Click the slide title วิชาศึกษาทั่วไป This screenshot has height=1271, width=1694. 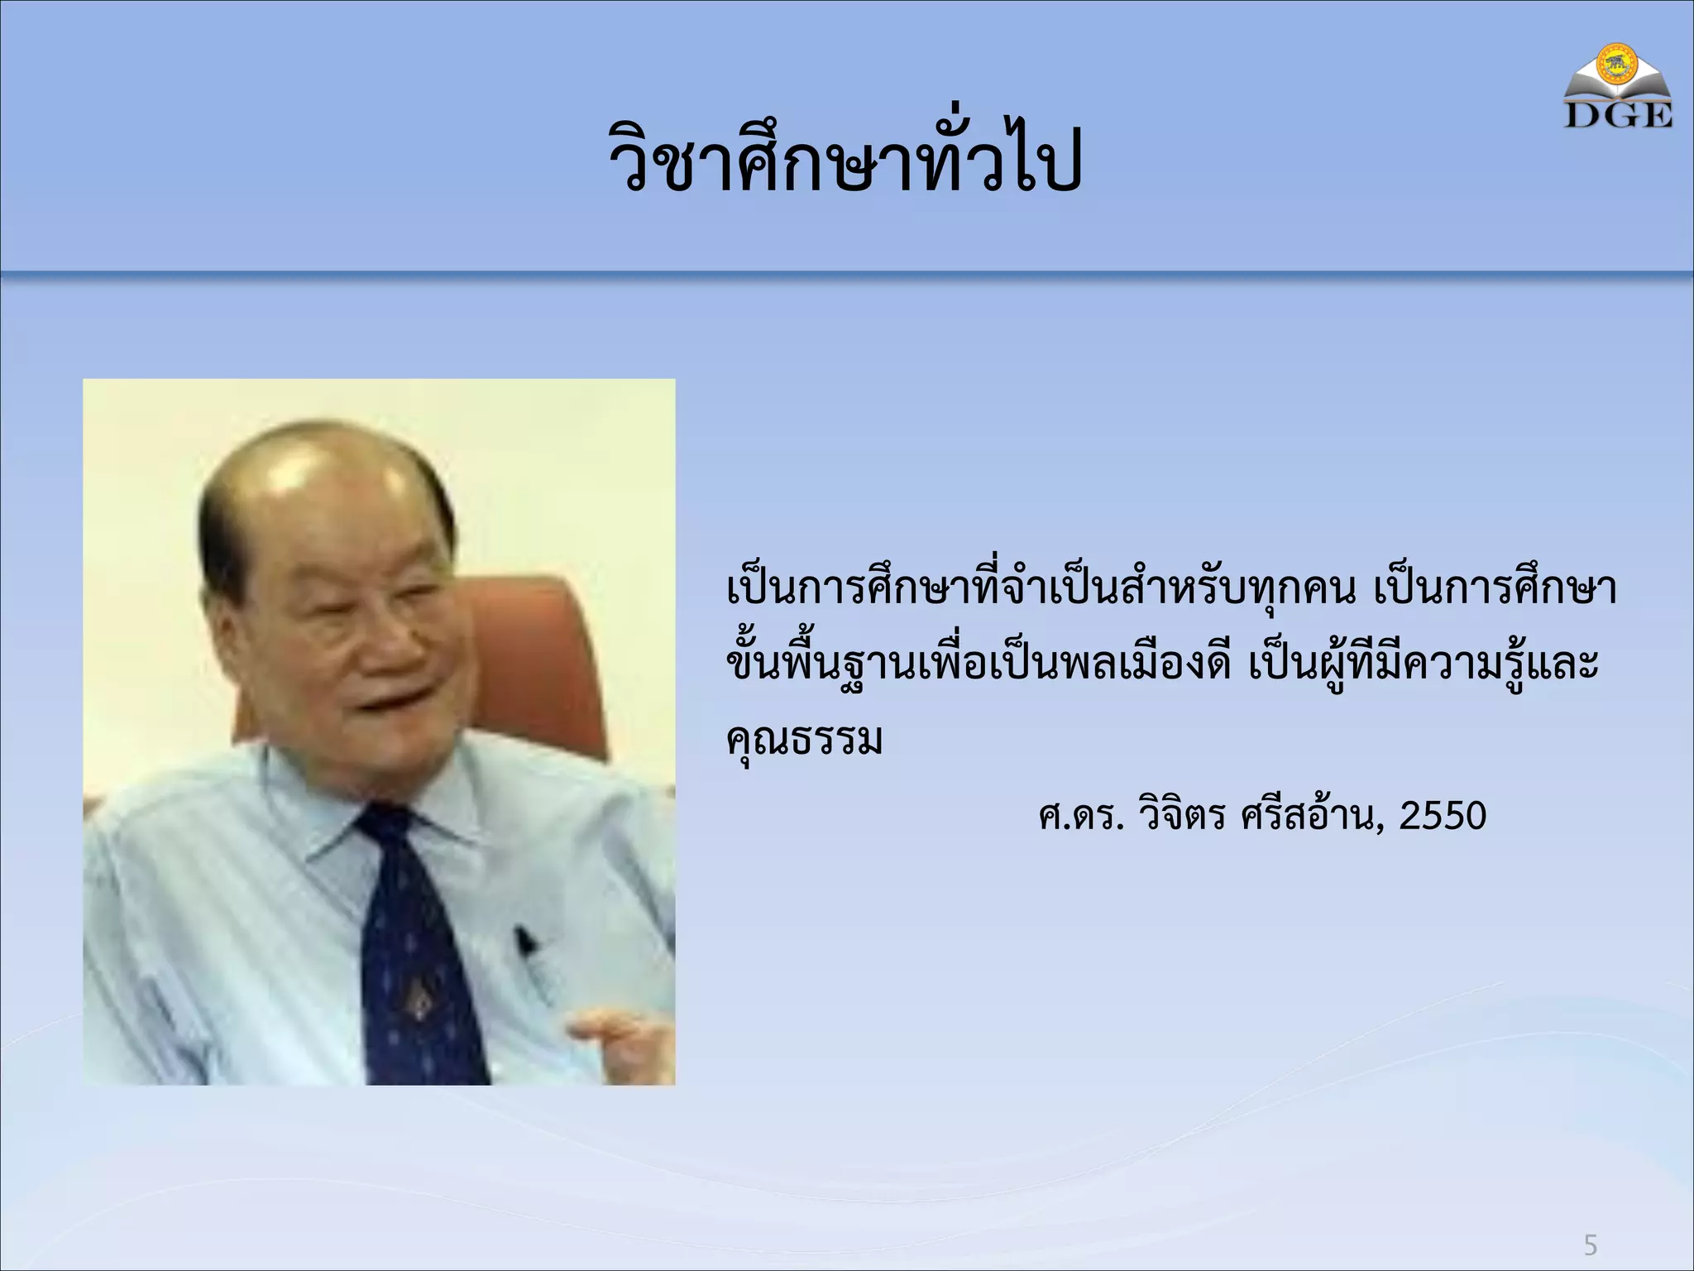[x=845, y=157]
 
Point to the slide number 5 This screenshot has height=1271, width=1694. [x=1590, y=1245]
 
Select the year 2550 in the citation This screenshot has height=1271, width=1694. [x=1443, y=816]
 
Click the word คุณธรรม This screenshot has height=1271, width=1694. [x=804, y=740]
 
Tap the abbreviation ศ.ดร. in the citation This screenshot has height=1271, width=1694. [x=1080, y=816]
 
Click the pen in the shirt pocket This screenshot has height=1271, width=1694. [x=526, y=943]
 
